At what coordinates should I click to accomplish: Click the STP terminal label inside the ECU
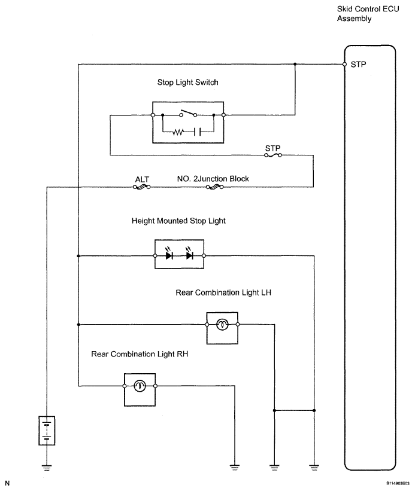click(x=358, y=65)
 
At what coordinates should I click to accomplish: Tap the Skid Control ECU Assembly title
click(x=368, y=14)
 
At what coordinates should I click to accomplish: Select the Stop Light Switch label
click(x=188, y=83)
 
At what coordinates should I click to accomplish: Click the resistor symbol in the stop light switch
click(x=178, y=132)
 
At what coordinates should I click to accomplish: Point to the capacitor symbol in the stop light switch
click(x=197, y=132)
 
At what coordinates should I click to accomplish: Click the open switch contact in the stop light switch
click(x=188, y=113)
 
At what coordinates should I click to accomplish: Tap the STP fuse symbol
click(x=273, y=155)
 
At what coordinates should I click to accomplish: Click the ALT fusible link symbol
click(x=142, y=187)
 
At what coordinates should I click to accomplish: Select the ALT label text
click(x=142, y=179)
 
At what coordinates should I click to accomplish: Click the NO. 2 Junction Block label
click(x=213, y=179)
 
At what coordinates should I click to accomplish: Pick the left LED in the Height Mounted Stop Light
click(x=169, y=254)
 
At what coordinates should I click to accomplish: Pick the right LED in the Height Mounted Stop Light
click(x=189, y=254)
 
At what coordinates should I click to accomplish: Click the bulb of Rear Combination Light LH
click(x=222, y=325)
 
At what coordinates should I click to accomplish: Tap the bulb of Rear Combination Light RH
click(x=140, y=386)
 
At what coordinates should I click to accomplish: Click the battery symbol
click(x=47, y=431)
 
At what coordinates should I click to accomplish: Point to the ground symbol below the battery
click(x=47, y=468)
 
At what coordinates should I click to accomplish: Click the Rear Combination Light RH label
click(x=140, y=354)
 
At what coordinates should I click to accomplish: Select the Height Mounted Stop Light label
click(x=178, y=221)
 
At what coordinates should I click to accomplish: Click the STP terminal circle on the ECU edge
click(x=344, y=65)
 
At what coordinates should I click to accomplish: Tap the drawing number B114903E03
click(x=398, y=483)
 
